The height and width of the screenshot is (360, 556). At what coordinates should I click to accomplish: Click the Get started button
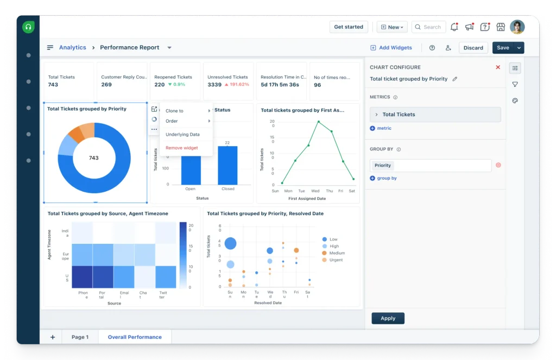349,27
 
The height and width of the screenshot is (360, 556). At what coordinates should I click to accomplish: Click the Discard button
473,48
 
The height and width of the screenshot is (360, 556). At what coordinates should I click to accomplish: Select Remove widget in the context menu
181,148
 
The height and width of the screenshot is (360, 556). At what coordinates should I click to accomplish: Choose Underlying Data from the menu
182,135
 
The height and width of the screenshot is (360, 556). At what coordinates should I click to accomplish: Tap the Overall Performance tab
135,337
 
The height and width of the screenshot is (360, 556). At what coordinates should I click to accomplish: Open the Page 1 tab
80,337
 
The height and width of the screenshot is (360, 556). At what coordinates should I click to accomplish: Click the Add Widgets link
391,48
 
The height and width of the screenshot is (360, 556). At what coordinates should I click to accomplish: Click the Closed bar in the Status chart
228,165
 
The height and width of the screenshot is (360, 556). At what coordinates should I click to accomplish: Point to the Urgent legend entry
332,260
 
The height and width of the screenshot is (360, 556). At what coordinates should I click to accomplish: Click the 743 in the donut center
93,158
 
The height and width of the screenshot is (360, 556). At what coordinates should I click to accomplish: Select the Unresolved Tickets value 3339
214,85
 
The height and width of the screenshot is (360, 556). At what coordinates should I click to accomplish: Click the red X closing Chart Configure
498,67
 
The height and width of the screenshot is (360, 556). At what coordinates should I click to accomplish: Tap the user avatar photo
517,27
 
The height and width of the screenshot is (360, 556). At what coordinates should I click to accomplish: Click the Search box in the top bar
428,27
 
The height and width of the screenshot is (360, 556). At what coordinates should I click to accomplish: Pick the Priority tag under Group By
383,165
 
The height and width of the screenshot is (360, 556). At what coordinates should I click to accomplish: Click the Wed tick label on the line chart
315,191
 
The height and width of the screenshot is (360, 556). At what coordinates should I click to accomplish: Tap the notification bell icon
454,27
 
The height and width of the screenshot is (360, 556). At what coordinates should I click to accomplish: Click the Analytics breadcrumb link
72,48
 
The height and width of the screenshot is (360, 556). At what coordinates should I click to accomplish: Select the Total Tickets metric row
435,115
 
